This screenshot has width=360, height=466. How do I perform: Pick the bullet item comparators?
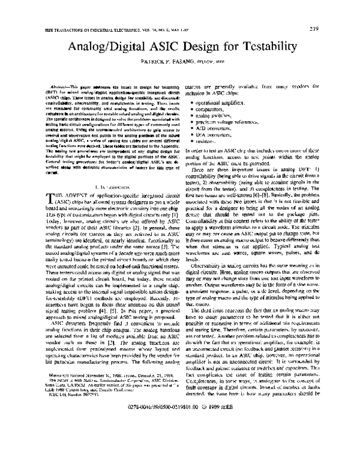[x=211, y=112]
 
